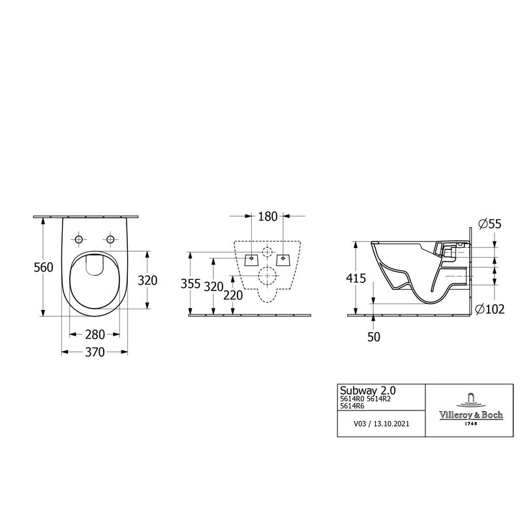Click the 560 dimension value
point(42,268)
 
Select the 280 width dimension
point(95,335)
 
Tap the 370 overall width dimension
point(95,353)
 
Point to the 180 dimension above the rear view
point(268,217)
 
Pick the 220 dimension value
point(232,295)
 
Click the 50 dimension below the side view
point(374,337)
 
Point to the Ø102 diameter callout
point(491,309)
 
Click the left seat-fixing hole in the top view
point(79,241)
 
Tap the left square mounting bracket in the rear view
point(251,259)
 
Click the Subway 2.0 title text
point(363,390)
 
